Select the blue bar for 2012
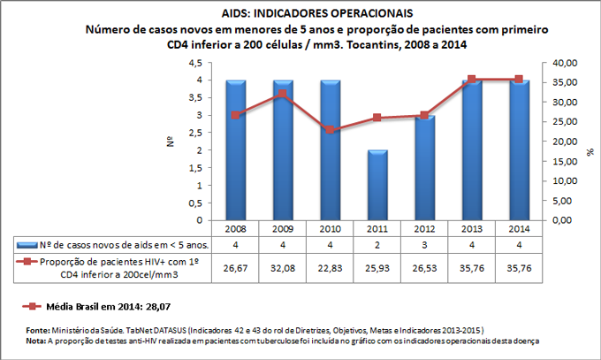coord(425,167)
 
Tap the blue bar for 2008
coord(235,149)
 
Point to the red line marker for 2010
coord(331,130)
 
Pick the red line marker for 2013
coord(473,80)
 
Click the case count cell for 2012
coord(425,245)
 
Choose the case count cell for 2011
coord(377,245)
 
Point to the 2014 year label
coord(520,228)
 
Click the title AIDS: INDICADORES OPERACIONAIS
coord(300,14)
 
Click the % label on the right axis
coord(590,152)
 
